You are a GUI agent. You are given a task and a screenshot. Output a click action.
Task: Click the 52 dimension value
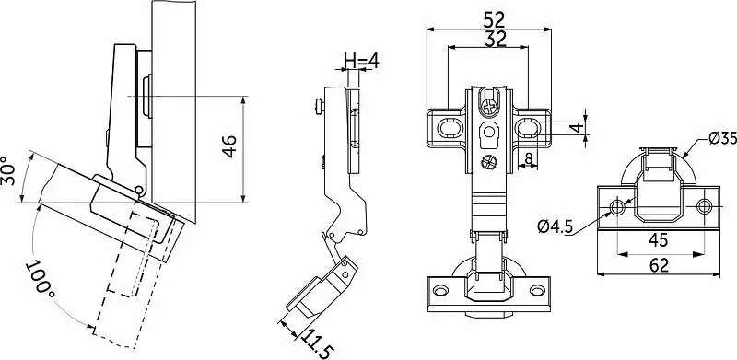[x=494, y=19]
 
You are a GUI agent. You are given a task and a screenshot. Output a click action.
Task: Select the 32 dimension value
[x=495, y=39]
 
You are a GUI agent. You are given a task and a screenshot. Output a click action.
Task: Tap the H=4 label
[x=361, y=60]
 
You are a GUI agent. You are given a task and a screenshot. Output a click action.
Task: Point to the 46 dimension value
[x=230, y=146]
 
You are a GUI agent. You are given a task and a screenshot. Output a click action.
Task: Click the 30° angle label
[x=8, y=170]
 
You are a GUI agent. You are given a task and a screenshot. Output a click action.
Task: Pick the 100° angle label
[x=41, y=281]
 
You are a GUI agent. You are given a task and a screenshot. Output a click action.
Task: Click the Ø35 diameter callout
[x=723, y=139]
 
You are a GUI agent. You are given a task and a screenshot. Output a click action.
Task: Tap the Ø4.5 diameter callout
[x=556, y=227]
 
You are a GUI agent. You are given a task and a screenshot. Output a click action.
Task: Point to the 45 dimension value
[x=658, y=240]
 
